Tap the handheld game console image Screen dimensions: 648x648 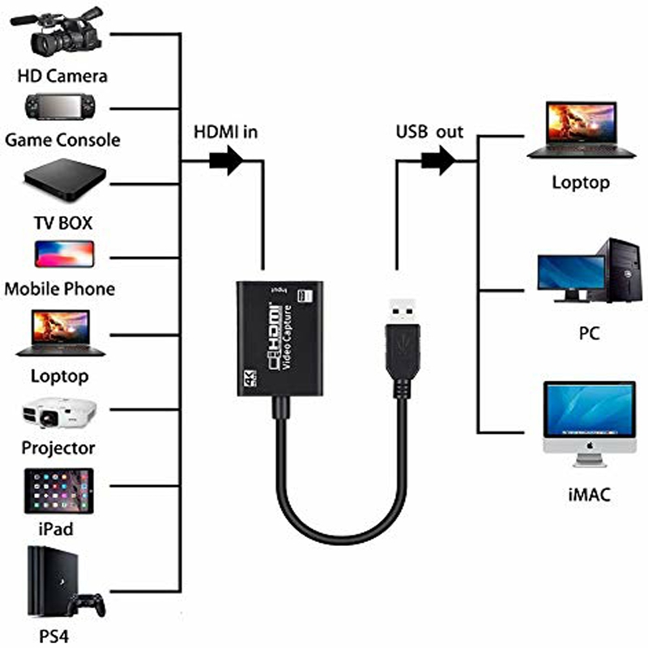coord(60,107)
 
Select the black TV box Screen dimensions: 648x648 coord(65,180)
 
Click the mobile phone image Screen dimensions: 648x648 coord(65,254)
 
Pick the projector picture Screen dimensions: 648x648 coord(59,413)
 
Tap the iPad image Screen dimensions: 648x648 coord(58,491)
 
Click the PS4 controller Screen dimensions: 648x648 coord(87,606)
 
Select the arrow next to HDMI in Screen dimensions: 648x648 coord(226,160)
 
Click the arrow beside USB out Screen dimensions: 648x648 coord(438,160)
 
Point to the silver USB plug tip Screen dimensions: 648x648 coord(402,310)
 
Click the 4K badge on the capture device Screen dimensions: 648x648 coord(250,377)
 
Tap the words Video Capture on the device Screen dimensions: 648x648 coord(287,337)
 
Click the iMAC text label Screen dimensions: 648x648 coord(590,494)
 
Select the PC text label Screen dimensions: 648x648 coord(590,333)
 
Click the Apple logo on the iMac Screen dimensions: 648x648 coord(590,446)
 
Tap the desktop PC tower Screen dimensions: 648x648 coord(620,270)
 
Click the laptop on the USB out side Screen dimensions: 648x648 coord(581,130)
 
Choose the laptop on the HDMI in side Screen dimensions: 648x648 coord(60,333)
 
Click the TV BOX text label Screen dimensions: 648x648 coord(63,224)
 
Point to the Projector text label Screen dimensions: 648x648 coord(58,449)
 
